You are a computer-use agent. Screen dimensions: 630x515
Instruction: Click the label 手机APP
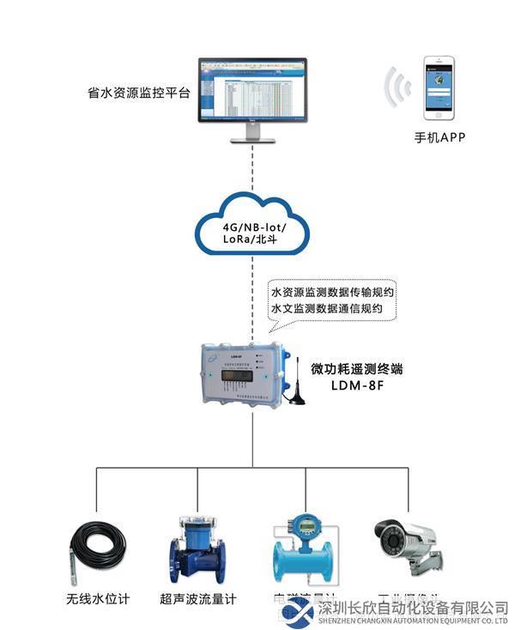tap(439, 137)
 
